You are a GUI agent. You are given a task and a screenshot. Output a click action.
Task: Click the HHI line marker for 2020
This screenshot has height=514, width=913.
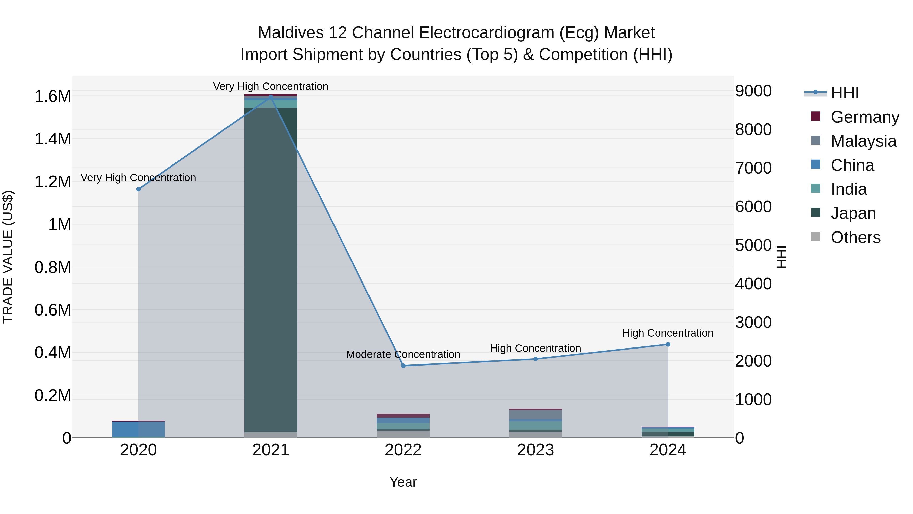138,189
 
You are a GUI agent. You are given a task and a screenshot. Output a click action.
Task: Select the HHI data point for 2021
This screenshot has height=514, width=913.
271,97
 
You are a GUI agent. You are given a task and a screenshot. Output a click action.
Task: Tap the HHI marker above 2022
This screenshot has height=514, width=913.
403,366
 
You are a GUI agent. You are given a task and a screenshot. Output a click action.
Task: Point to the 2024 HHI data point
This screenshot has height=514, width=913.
668,344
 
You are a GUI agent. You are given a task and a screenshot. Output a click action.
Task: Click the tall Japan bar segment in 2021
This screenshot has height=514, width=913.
271,270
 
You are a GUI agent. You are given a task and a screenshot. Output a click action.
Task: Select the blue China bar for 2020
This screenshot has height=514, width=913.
138,429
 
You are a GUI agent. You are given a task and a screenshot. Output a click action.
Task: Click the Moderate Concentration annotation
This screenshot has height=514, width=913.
403,354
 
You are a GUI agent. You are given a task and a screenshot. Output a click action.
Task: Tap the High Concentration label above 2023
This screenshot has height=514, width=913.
535,348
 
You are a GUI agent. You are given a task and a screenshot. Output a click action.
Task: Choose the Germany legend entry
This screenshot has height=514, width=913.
865,117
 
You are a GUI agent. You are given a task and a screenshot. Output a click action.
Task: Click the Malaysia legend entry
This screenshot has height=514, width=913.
863,141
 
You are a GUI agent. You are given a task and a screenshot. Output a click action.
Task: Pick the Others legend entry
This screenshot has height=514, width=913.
855,237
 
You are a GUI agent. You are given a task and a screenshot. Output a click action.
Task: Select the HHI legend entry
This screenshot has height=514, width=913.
845,93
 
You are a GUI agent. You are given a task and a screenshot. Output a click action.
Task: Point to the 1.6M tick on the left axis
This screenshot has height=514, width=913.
52,96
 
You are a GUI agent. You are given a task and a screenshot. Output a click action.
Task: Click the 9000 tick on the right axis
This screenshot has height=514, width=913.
753,91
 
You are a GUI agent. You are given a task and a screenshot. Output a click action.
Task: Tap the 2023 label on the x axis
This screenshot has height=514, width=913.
535,450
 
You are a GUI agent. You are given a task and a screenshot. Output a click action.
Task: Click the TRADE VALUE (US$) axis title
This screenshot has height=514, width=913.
8,257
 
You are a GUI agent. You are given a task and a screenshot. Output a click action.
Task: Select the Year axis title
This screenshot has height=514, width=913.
403,482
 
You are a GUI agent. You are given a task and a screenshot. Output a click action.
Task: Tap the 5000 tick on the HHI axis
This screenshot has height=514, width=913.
753,245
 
